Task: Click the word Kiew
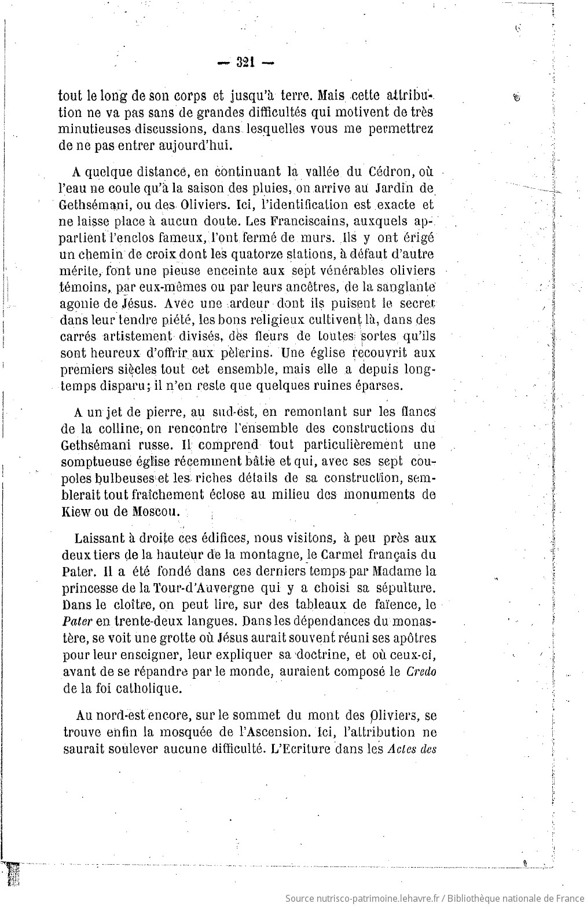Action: click(74, 511)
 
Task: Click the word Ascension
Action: click(272, 732)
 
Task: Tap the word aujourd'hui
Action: click(185, 145)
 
